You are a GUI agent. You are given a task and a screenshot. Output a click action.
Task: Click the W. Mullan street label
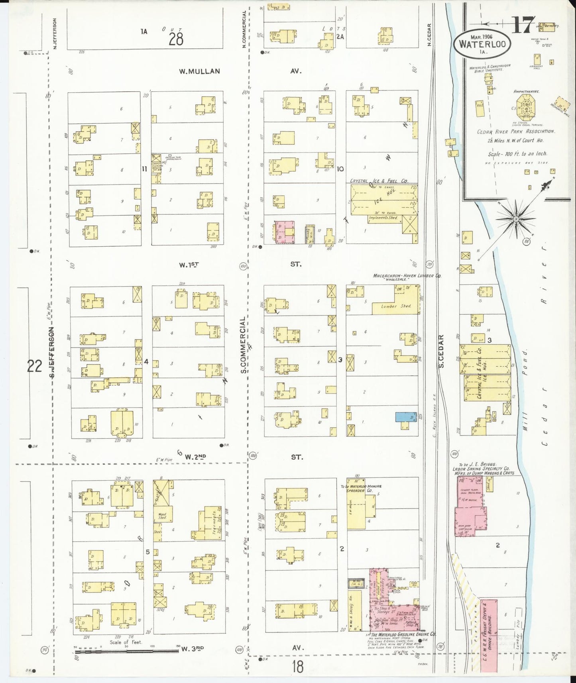click(x=199, y=71)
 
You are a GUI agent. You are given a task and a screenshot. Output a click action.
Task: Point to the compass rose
click(x=516, y=219)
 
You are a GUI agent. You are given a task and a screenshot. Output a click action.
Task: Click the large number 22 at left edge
click(x=35, y=365)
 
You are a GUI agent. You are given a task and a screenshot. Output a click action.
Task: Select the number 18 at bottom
click(x=297, y=665)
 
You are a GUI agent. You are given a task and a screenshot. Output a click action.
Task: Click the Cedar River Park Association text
click(x=515, y=131)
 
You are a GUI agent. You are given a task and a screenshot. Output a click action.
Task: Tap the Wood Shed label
click(x=162, y=516)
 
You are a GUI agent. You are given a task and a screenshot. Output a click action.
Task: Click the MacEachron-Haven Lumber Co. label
click(x=407, y=276)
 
